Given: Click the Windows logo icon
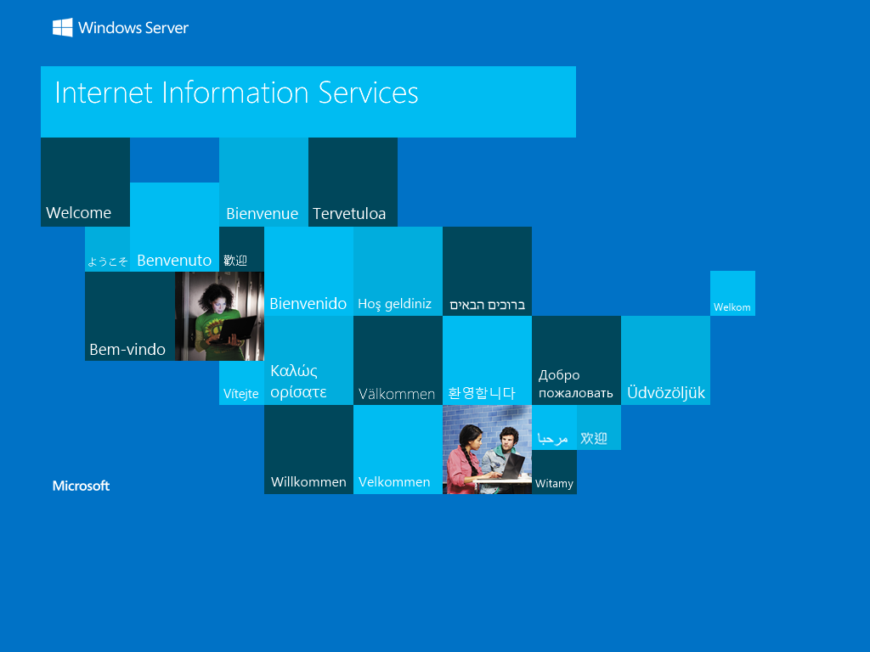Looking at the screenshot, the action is tap(63, 28).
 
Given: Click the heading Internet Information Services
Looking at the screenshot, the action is tap(236, 93).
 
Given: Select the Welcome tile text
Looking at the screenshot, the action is tap(79, 213).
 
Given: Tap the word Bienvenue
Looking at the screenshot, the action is tap(263, 213).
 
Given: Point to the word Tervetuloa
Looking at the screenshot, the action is tap(349, 213).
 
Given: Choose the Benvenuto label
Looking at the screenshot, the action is tap(174, 261).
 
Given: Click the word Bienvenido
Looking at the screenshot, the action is tap(308, 304).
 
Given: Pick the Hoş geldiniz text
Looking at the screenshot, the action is tap(394, 305).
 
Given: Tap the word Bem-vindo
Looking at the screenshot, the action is tap(127, 349).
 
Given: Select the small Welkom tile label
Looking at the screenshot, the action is tap(732, 307).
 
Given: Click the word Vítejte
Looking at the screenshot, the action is tap(240, 394).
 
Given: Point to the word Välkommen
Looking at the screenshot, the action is tap(397, 394).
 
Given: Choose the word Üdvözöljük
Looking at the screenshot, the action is tap(666, 393).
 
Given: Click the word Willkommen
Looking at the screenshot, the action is tap(308, 482).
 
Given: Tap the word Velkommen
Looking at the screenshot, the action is tap(394, 482).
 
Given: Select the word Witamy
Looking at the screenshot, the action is tap(554, 483).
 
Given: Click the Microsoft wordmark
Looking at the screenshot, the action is tap(81, 486).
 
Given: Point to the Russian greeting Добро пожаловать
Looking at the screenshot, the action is tap(575, 384).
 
